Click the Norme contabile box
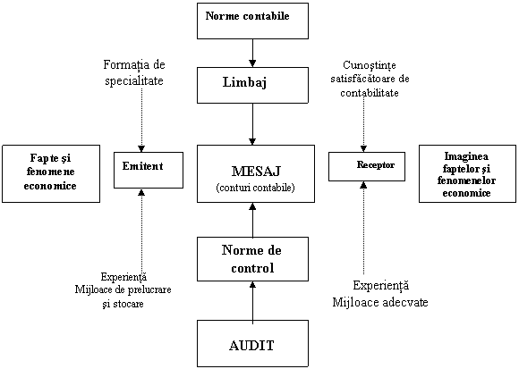(252, 21)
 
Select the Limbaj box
(252, 85)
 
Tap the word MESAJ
(256, 172)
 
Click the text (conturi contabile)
(256, 188)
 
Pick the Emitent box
(149, 170)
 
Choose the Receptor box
(367, 166)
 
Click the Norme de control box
(252, 259)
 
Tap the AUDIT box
(252, 343)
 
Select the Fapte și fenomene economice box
(51, 173)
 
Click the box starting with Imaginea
(467, 173)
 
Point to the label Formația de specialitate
(134, 72)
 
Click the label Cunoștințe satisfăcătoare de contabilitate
(370, 79)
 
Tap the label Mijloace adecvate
(380, 302)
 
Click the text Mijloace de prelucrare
(123, 289)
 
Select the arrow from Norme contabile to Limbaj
(252, 54)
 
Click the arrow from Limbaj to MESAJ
(252, 124)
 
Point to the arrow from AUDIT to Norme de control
(252, 300)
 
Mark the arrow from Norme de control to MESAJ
(252, 220)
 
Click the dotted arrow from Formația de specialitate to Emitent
(141, 120)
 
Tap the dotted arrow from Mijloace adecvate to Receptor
(363, 228)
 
